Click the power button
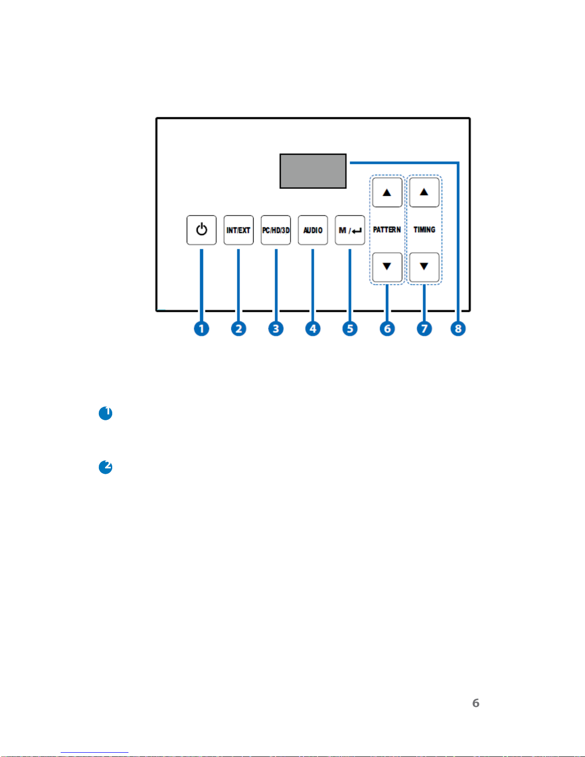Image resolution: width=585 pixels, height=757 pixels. point(202,230)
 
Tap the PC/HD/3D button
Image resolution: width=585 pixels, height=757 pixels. point(276,230)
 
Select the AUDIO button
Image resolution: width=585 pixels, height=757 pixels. point(313,230)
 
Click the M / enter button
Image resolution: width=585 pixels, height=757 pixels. point(350,230)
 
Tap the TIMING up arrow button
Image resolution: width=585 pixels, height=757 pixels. point(424,192)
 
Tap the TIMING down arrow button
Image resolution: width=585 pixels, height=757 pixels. point(424,267)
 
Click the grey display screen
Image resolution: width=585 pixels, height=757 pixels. point(313,171)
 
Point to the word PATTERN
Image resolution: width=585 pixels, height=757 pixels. point(387,230)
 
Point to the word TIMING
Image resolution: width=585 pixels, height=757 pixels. point(424,230)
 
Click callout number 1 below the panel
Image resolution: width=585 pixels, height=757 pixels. point(202,329)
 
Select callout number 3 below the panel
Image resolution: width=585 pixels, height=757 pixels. point(276,329)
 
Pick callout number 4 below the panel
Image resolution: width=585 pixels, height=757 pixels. point(313,329)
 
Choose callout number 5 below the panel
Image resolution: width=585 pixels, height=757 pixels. point(350,329)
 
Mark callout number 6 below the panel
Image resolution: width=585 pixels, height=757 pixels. point(387,329)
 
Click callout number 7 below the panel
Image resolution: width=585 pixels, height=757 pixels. point(424,329)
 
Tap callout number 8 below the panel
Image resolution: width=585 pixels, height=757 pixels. point(458,329)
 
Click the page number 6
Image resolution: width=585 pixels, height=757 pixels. point(476,703)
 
